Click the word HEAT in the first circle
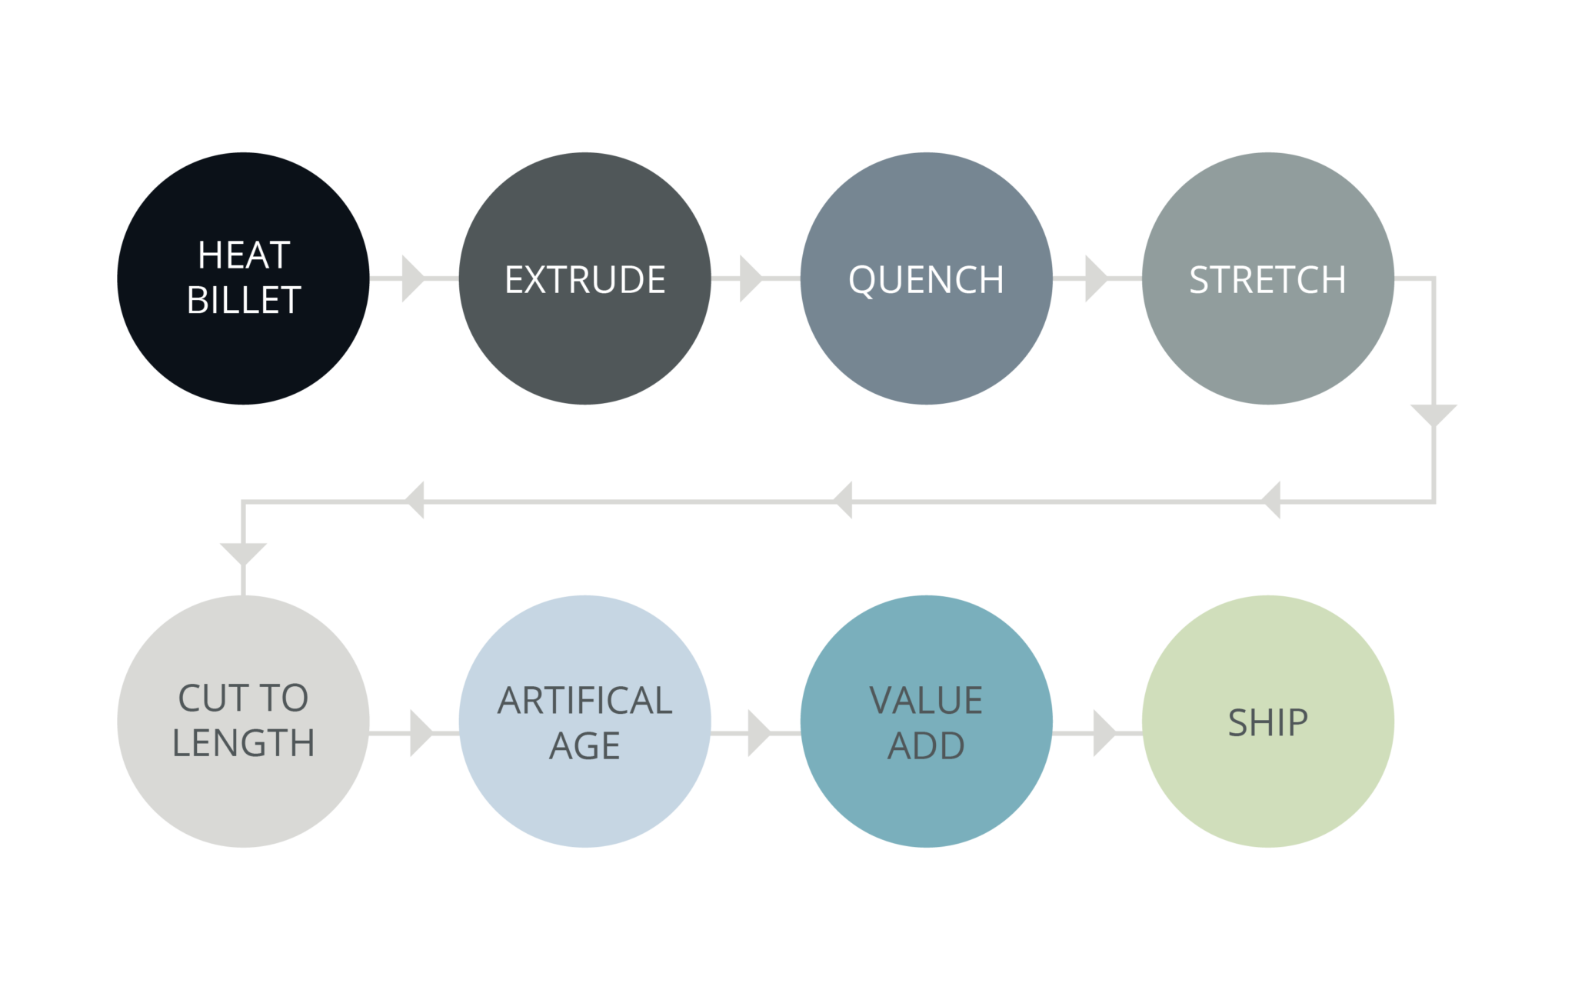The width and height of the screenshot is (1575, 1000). coord(243,255)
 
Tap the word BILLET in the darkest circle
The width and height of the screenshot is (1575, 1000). coord(243,300)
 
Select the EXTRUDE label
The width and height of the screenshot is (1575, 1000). coord(584,279)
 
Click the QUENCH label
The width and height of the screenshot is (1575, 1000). coord(926,279)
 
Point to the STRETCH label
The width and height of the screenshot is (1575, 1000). coord(1267,279)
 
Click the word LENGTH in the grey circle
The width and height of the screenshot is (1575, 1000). coord(243,743)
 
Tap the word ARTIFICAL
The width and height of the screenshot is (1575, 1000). coord(584,700)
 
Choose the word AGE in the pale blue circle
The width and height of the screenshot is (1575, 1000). coord(584,745)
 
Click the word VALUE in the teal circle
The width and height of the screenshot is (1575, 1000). coord(926,700)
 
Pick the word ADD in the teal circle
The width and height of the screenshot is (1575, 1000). coord(926,745)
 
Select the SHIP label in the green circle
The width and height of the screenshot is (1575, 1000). coord(1267,722)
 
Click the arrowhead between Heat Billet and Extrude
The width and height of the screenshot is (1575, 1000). coord(411,278)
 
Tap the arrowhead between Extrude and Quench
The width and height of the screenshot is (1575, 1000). coord(750,278)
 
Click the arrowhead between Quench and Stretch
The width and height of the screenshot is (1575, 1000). coord(1094,278)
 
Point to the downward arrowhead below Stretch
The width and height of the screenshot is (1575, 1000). coord(1433,414)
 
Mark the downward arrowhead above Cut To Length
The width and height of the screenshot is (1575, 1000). coord(243,552)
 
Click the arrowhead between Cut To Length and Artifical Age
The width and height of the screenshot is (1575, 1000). coord(420,734)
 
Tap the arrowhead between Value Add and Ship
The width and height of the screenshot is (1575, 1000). coord(1103,734)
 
